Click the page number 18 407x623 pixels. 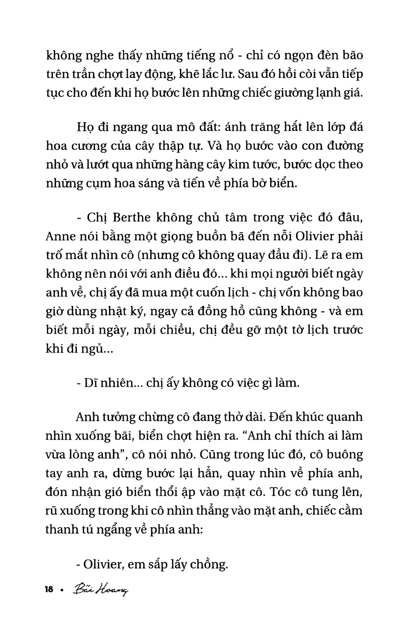pyautogui.click(x=49, y=590)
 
